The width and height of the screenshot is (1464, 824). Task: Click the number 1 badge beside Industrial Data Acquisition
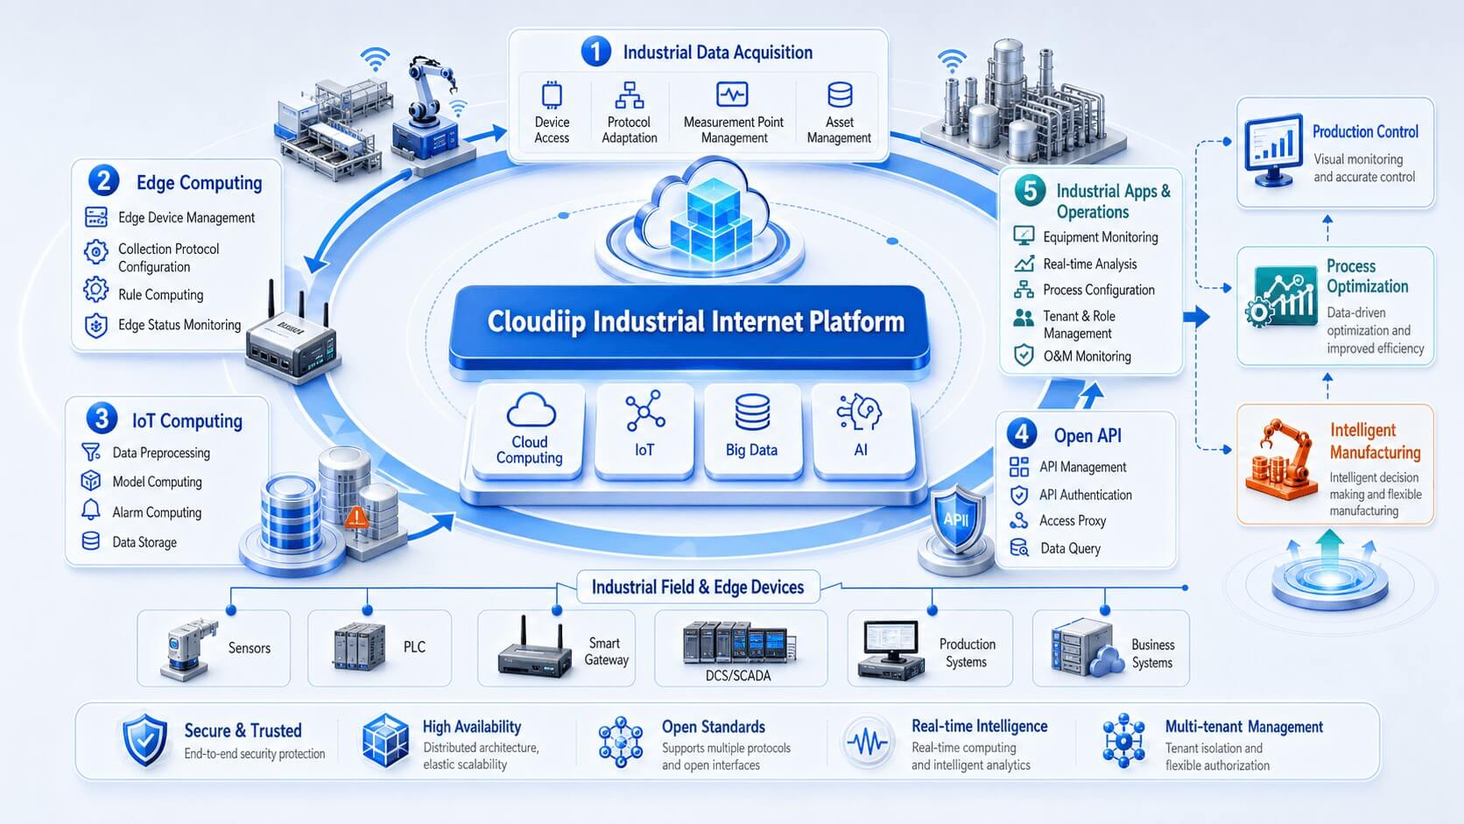[x=596, y=51]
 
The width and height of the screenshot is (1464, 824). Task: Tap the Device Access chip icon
[x=552, y=95]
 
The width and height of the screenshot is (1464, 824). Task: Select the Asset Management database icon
[x=840, y=95]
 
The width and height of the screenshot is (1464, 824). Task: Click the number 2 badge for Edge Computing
[x=103, y=180]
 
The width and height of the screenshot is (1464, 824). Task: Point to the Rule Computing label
[x=161, y=295]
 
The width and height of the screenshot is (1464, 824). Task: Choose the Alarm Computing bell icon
[x=91, y=511]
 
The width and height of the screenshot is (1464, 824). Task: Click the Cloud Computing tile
[x=530, y=431]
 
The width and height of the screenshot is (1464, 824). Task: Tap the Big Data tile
[x=751, y=431]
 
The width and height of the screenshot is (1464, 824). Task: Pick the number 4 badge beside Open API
[x=1022, y=433]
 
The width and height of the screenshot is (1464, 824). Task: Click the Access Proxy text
[x=1073, y=521]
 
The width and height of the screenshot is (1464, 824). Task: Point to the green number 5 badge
[x=1030, y=191]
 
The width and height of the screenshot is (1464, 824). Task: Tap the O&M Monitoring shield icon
[x=1024, y=356]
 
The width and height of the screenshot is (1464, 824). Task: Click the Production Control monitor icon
[x=1274, y=151]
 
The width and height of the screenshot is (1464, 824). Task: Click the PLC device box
[x=379, y=648]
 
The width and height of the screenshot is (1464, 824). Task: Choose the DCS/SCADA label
[x=738, y=676]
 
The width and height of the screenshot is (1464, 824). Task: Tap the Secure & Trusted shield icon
[x=145, y=740]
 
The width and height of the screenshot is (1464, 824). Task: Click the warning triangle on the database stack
[x=356, y=518]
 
